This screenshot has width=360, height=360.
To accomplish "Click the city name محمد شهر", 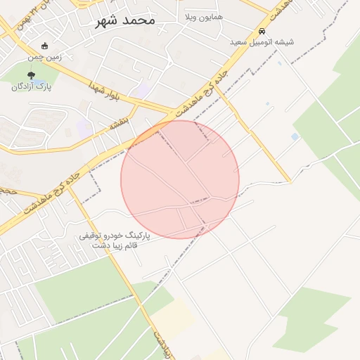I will (x=125, y=20).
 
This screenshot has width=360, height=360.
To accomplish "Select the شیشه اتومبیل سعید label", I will (x=262, y=42).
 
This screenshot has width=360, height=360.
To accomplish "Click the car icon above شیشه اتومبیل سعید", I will (x=262, y=32).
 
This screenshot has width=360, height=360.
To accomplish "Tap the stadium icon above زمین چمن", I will (x=45, y=46).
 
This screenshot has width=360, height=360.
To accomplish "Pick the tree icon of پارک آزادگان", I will (x=31, y=75).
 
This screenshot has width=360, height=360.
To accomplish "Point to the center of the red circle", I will (x=180, y=179).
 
